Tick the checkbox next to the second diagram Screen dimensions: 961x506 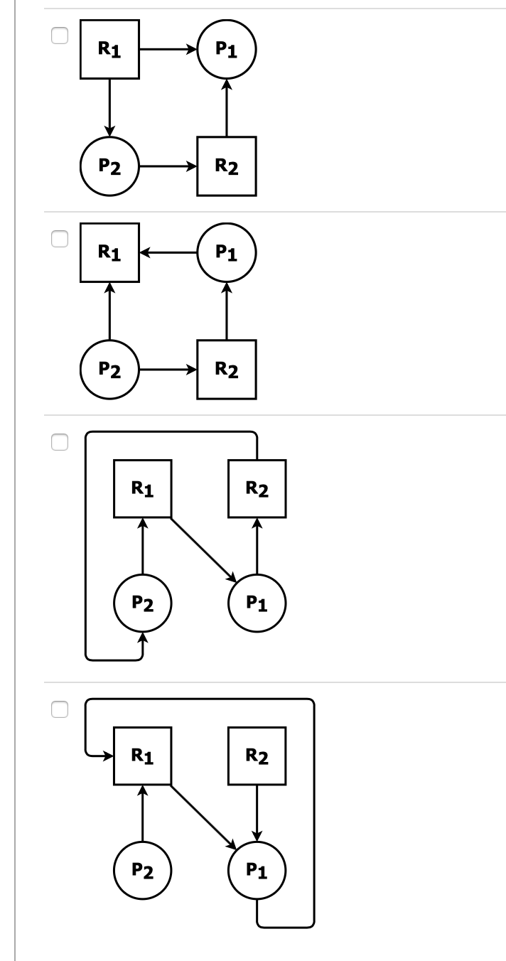tap(60, 240)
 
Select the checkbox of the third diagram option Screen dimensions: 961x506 tap(60, 442)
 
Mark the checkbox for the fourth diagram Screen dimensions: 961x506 tap(60, 709)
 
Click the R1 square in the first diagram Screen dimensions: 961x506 tap(109, 50)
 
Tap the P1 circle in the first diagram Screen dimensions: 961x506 tap(227, 50)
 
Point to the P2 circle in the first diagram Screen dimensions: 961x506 tap(109, 167)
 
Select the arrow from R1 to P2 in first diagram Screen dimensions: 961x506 tap(109, 107)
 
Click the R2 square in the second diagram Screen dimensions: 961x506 tap(227, 370)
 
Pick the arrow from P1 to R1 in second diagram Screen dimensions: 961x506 tap(168, 252)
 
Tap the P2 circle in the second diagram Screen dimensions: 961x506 tap(109, 370)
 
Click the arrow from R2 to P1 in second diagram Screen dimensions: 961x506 tap(227, 311)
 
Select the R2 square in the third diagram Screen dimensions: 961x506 tap(257, 488)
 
